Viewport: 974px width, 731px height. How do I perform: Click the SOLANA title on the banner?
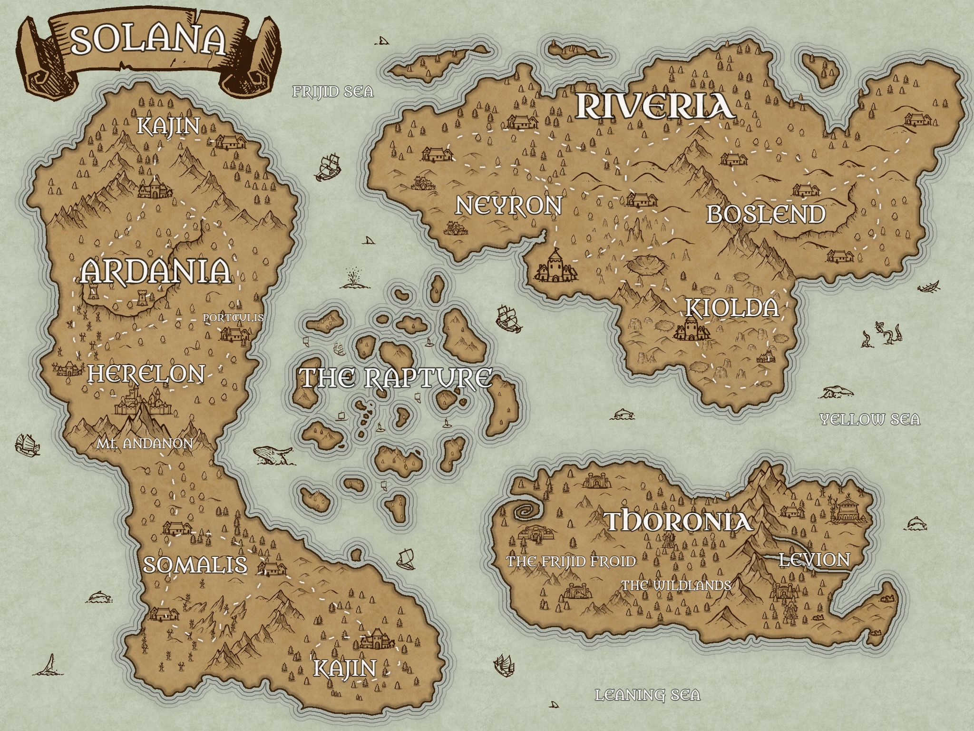coord(148,41)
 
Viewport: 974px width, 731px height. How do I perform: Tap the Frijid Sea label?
coord(333,91)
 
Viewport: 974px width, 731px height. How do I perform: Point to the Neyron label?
coord(508,206)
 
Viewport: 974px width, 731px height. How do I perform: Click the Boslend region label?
coord(766,215)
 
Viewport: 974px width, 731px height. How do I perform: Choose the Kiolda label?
coord(732,308)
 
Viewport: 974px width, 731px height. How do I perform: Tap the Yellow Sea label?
coord(870,419)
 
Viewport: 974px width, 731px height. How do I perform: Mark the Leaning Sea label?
coord(648,695)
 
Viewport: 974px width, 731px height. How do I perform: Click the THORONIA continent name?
coord(679,522)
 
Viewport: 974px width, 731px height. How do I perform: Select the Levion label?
coord(814,560)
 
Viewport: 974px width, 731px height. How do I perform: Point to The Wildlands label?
coord(676,585)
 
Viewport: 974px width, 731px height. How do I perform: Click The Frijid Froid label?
coord(571,562)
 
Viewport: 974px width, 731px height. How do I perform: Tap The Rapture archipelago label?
coord(395,378)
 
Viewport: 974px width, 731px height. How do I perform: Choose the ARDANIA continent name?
coord(155,272)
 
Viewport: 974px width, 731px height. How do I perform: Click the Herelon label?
coord(146,374)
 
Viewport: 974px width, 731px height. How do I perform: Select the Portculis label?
coord(233,317)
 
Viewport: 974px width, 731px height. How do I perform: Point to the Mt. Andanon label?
coord(144,444)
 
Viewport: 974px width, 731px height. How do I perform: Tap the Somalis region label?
coord(195,565)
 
